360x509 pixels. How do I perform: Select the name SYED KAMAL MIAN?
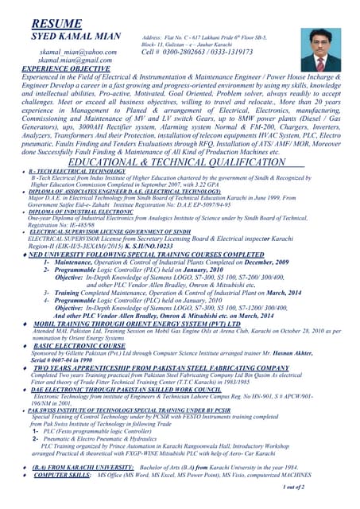(x=75, y=37)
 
